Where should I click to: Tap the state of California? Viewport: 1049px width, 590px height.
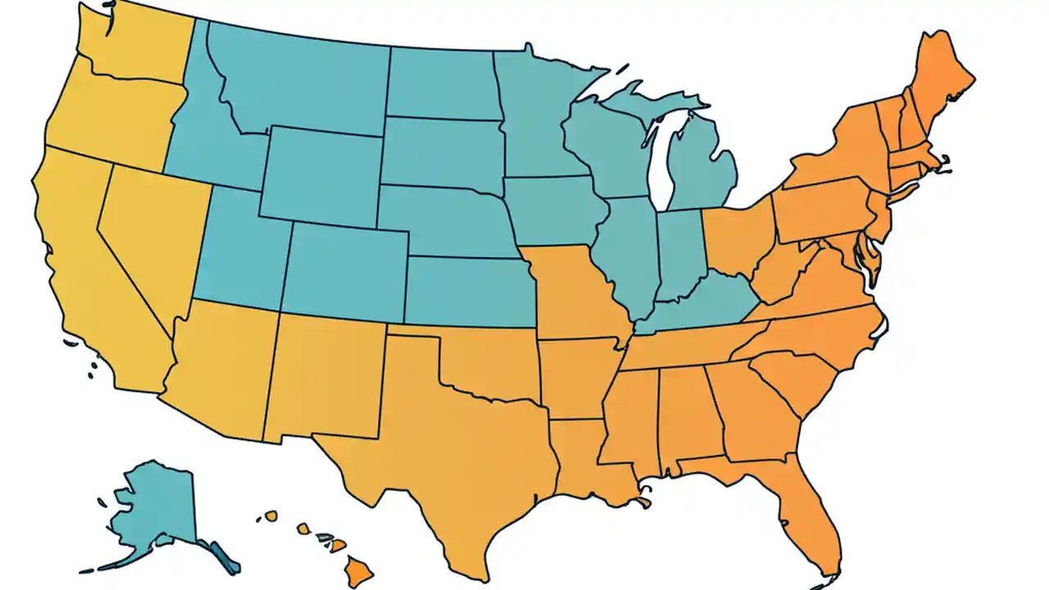(90, 279)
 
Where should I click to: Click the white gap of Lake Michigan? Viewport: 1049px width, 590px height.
(659, 164)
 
